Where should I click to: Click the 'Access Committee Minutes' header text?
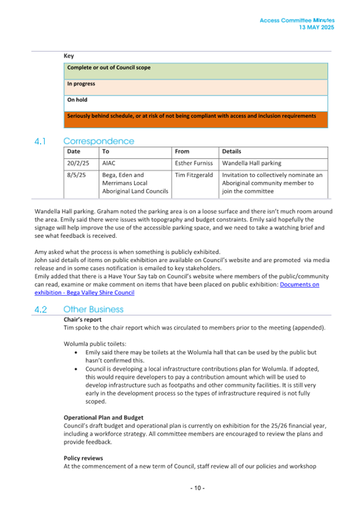(297, 20)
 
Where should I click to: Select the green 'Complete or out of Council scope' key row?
(196, 71)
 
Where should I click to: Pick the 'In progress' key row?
(196, 87)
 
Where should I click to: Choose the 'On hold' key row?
(196, 103)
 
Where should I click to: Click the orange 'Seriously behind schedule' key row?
(196, 119)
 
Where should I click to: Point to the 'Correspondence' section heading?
(99, 141)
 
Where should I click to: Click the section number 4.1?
(41, 141)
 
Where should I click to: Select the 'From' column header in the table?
(182, 151)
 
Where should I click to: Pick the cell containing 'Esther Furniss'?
(194, 163)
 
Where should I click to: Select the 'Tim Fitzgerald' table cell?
(194, 175)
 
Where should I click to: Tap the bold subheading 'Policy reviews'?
(83, 458)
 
